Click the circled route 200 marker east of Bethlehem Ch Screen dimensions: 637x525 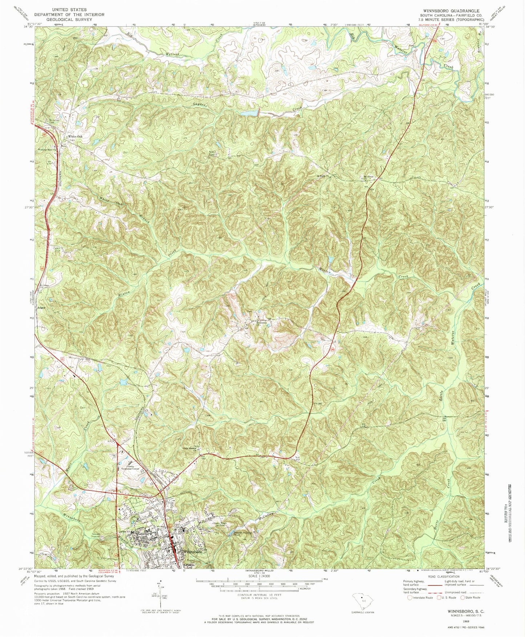(x=332, y=350)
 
